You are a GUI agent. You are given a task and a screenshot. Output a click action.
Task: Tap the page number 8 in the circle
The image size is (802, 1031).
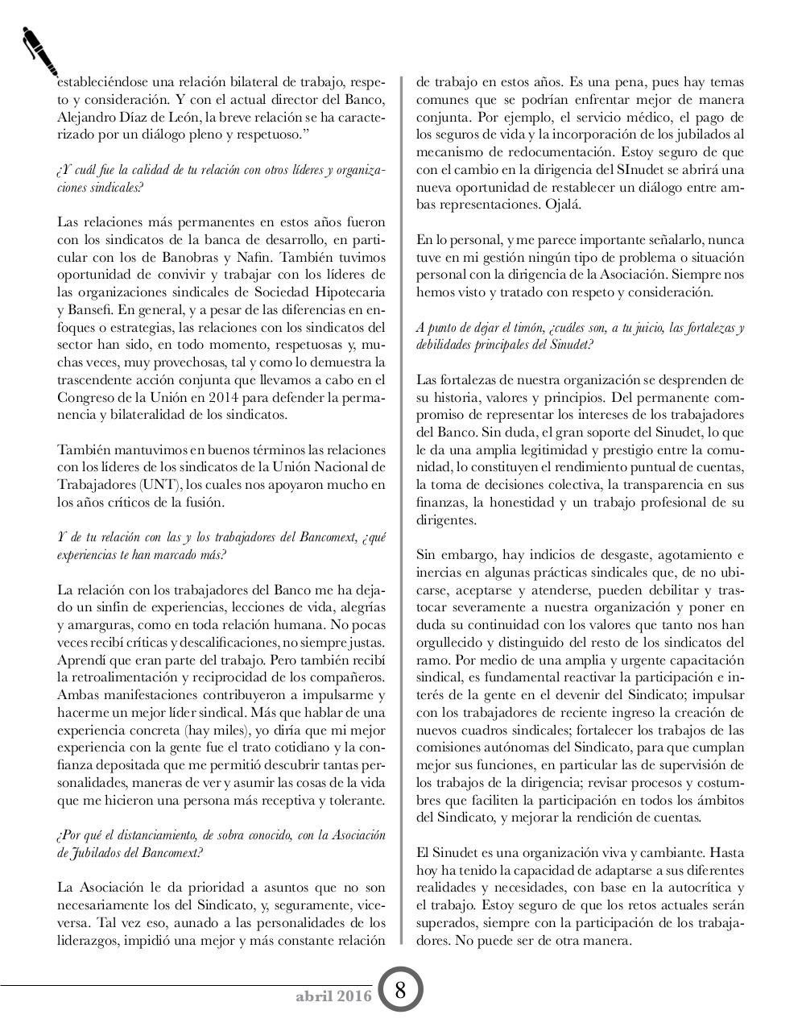click(x=399, y=990)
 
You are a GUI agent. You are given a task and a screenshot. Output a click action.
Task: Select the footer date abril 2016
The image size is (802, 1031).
click(x=333, y=996)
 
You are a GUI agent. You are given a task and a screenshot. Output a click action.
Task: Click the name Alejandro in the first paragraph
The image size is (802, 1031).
click(x=86, y=117)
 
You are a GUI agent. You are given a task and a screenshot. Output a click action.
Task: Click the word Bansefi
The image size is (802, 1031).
click(x=91, y=309)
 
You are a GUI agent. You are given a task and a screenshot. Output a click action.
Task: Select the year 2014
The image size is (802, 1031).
click(x=218, y=397)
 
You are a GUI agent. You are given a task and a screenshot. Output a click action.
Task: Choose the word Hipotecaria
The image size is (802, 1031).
click(x=349, y=292)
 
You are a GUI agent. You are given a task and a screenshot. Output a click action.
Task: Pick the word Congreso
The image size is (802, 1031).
click(x=85, y=397)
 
